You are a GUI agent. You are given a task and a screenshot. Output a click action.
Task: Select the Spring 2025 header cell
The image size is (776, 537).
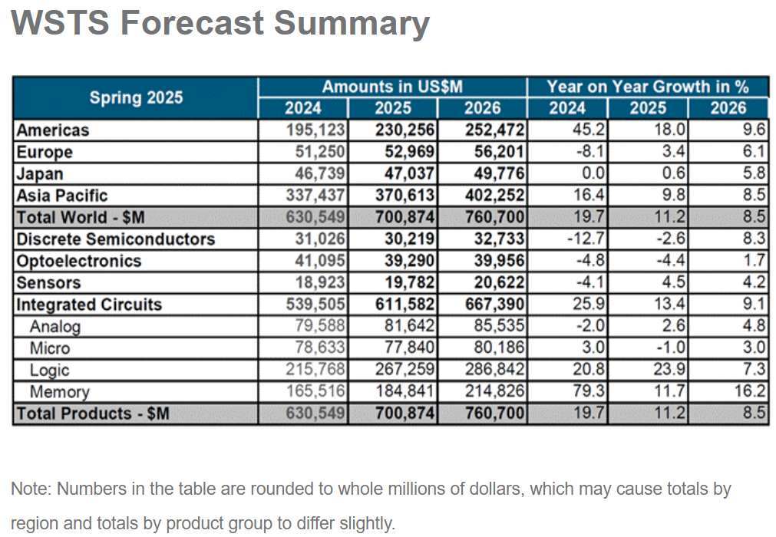tap(136, 97)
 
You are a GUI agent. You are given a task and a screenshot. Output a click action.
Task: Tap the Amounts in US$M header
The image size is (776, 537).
tap(391, 87)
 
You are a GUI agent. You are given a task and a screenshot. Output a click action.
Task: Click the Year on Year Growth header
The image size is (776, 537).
tap(647, 87)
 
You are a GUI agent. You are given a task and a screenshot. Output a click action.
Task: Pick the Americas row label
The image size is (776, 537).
tap(53, 130)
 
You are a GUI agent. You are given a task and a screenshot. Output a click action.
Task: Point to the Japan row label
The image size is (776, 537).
tap(41, 174)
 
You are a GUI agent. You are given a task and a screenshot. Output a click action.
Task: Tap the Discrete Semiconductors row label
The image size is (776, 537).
tap(116, 239)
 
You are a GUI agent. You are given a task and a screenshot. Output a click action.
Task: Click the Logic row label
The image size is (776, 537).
tap(50, 371)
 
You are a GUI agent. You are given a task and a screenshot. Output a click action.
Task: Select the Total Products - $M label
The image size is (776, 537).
tap(93, 414)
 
